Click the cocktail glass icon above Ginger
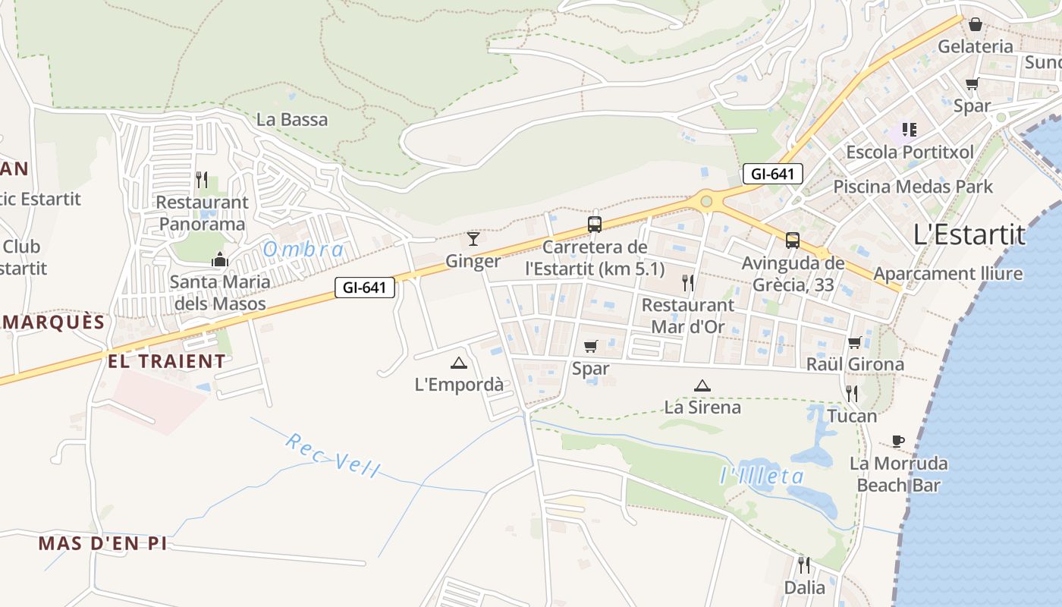[473, 239]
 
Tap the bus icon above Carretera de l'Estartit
[595, 225]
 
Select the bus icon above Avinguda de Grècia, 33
[793, 241]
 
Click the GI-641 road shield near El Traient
[365, 288]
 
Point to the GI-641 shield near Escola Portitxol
[772, 174]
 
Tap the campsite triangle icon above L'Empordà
[458, 363]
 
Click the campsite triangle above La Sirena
[702, 385]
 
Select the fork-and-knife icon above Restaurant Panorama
[202, 180]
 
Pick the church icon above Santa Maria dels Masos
[220, 259]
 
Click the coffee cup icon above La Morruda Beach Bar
[898, 441]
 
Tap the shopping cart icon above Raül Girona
[855, 342]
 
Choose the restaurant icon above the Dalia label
[804, 565]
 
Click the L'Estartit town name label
[969, 234]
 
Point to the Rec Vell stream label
[332, 454]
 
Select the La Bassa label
[292, 119]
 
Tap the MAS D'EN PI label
[102, 543]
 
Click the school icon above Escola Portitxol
[909, 130]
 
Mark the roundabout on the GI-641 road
[707, 201]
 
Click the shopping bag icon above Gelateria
[976, 24]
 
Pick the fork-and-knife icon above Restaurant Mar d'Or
[688, 283]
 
